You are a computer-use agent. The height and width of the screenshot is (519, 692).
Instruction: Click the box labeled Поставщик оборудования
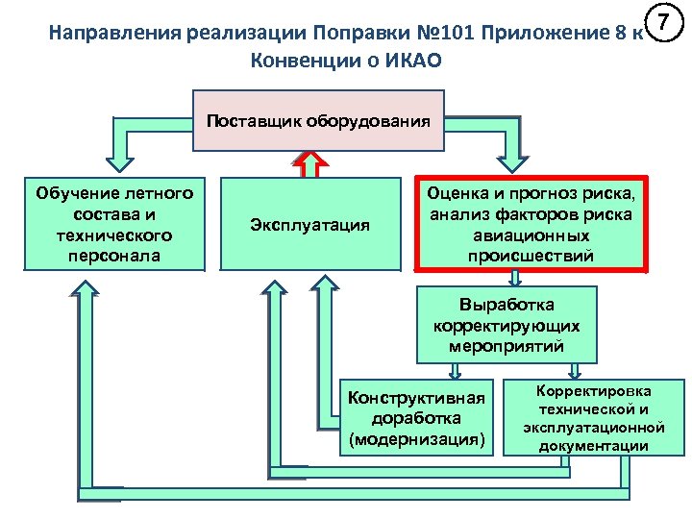click(x=319, y=121)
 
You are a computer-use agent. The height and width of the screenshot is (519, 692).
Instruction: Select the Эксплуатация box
click(x=309, y=224)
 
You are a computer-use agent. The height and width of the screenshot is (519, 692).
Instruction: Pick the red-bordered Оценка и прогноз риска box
click(x=531, y=223)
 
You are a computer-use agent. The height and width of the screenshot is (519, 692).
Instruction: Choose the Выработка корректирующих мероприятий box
click(x=507, y=326)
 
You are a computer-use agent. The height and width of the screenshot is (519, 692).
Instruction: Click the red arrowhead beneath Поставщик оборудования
click(x=309, y=161)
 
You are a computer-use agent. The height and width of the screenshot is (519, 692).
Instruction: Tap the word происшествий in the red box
click(x=531, y=256)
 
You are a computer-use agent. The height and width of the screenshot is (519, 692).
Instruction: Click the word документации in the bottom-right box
click(x=593, y=446)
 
